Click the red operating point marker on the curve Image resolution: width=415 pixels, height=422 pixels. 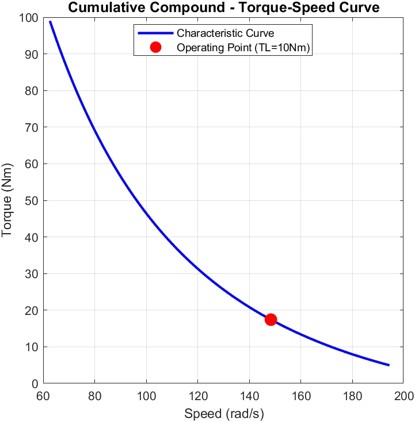point(271,320)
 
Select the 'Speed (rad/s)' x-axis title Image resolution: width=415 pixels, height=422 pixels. point(223,413)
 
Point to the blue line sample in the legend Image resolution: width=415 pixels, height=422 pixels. point(155,33)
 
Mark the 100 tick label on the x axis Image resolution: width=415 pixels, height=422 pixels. point(146,397)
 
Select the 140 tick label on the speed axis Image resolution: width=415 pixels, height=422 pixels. point(249,397)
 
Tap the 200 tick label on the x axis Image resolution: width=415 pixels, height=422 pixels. point(403,397)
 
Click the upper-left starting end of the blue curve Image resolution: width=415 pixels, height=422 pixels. point(50,22)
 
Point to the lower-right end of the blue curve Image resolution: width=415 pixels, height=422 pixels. point(389,365)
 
